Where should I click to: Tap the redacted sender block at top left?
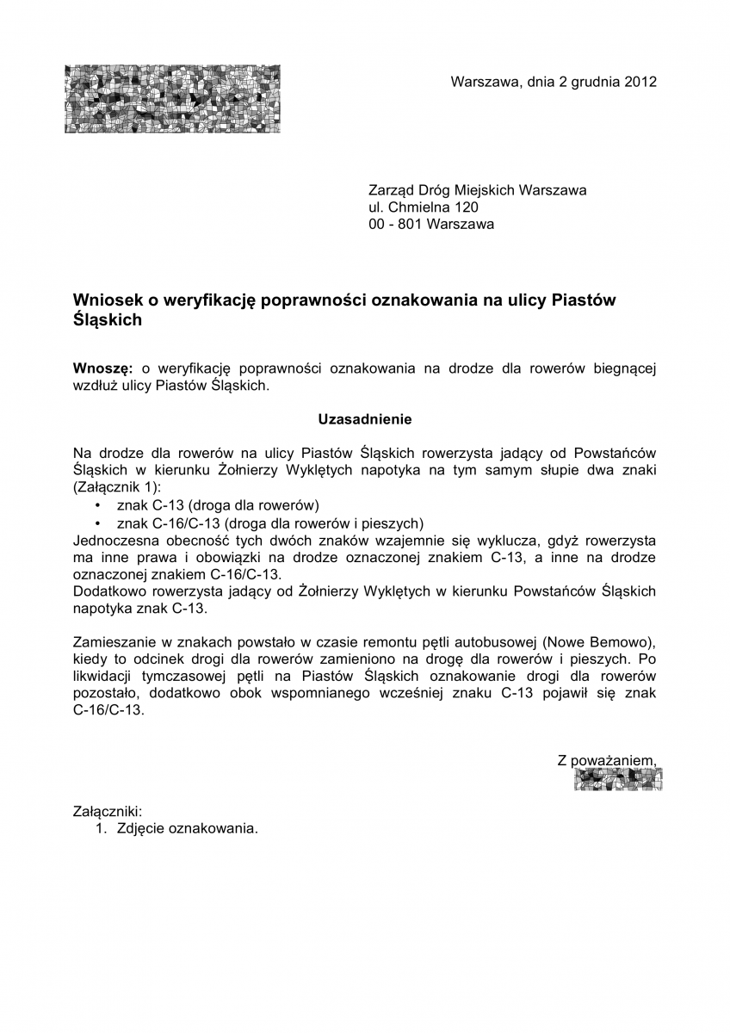pos(171,99)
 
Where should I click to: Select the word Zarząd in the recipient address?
pos(390,190)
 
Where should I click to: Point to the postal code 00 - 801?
pos(395,225)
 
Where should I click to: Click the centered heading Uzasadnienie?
pos(365,420)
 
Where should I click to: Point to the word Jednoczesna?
pos(115,540)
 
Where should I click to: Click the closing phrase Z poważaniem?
pos(607,760)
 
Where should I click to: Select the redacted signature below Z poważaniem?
pos(618,779)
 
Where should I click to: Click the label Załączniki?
pos(108,811)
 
